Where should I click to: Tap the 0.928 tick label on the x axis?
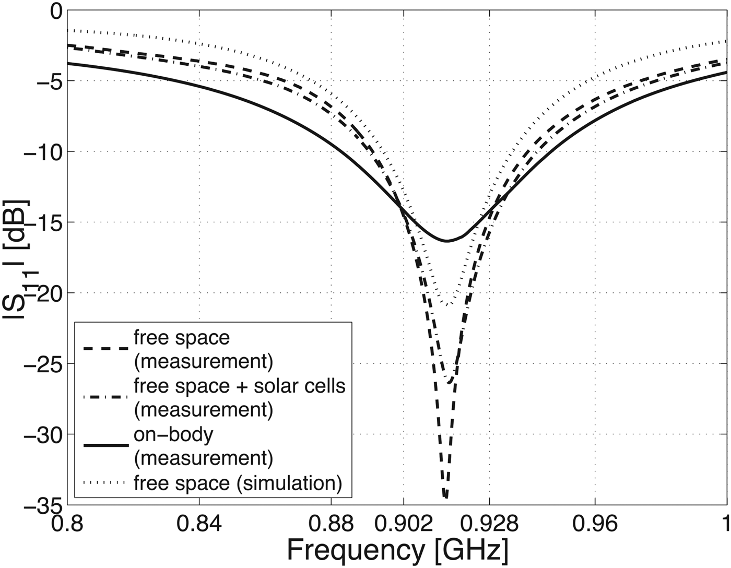tap(489, 523)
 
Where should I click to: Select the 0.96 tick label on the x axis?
tap(595, 523)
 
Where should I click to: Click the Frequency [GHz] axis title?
tap(397, 551)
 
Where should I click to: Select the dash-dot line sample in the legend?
tap(105, 397)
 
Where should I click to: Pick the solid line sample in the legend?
tap(105, 445)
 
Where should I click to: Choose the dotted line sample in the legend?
tap(105, 483)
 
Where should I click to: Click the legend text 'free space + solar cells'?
tap(240, 386)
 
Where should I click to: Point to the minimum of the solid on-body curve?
tap(447, 241)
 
